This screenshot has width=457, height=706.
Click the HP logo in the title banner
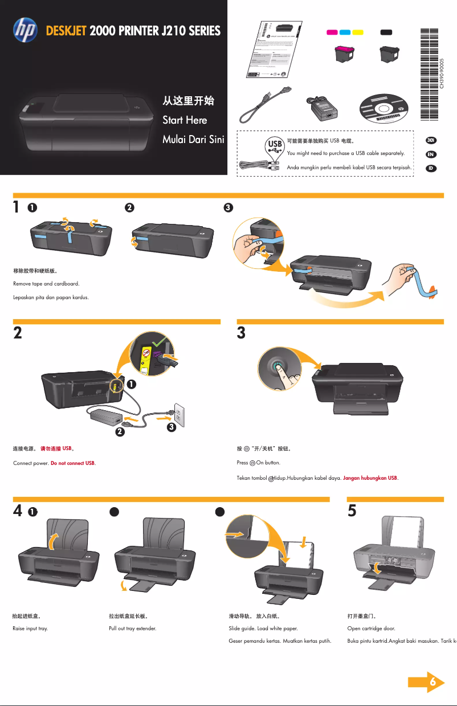click(25, 30)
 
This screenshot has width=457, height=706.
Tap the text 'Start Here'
click(185, 120)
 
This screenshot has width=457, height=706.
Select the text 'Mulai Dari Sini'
click(193, 140)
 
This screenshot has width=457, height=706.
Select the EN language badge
click(432, 154)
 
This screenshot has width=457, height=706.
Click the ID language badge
click(432, 169)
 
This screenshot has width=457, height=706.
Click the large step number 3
click(241, 333)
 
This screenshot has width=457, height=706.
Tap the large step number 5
click(352, 511)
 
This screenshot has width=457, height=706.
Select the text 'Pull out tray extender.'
click(132, 629)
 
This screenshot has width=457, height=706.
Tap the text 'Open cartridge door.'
click(371, 629)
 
